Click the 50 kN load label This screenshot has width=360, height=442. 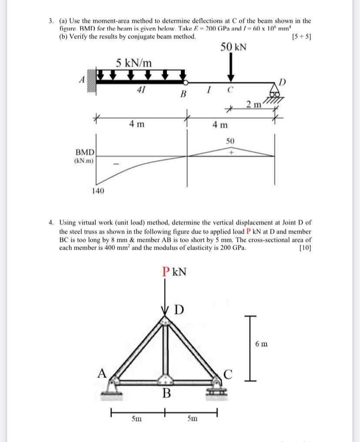coord(233,47)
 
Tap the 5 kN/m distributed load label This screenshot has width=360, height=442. coord(134,63)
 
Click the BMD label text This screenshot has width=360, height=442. coord(85,153)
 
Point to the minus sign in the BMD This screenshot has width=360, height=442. coord(116,164)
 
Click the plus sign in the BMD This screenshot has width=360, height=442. coord(232,153)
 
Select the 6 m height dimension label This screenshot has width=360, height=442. coord(262,345)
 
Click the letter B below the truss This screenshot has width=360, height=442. coord(166,394)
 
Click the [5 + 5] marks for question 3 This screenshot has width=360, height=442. coord(302,37)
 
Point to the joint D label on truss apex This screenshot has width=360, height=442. coord(180,311)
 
